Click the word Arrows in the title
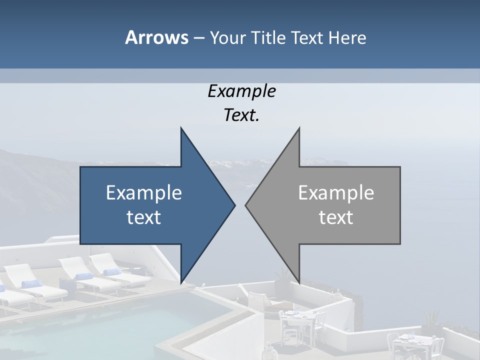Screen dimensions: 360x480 pos(156,37)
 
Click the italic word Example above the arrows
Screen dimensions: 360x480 pos(241,91)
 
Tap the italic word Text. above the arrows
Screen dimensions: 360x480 pos(241,115)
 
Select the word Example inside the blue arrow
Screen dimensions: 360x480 pos(144,192)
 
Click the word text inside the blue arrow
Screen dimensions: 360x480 pos(144,217)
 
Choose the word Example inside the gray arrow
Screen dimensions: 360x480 pos(336,192)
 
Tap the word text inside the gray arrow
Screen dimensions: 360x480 pos(336,217)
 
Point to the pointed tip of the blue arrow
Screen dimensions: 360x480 pos(234,205)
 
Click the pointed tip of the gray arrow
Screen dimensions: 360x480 pos(246,205)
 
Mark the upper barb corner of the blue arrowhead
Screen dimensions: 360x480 pos(181,128)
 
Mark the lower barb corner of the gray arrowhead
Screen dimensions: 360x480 pos(299,282)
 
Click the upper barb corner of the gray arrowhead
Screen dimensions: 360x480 pos(299,128)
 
